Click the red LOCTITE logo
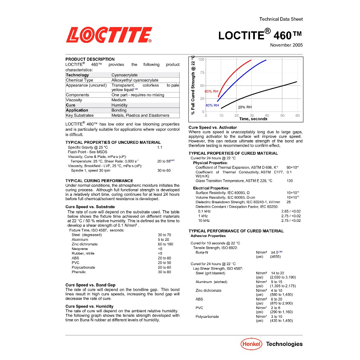tap(109, 35)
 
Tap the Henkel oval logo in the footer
tap(251, 344)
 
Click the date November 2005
tap(286, 45)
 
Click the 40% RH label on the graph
tap(212, 105)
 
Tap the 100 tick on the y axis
tap(201, 59)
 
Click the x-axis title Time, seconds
tap(253, 119)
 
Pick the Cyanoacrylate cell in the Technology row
tap(124, 75)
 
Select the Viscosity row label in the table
tap(74, 100)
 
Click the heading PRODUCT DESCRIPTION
tap(90, 59)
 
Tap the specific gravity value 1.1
tap(160, 148)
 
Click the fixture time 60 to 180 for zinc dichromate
tap(165, 244)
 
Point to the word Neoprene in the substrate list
tap(79, 249)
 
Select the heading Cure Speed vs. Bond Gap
tap(90, 285)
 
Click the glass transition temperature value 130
tap(289, 181)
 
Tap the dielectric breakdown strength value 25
tap(289, 202)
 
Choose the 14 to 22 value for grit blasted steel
tap(277, 273)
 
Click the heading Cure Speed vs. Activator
tap(213, 127)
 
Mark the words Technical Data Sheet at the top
tap(281, 19)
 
